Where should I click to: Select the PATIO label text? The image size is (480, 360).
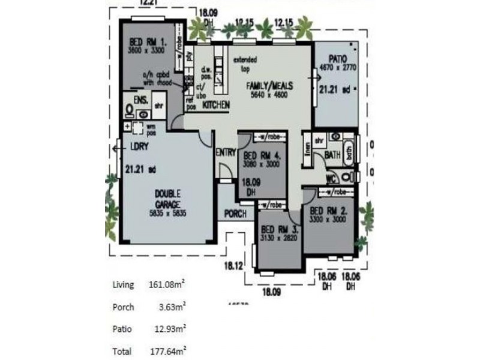pyautogui.click(x=337, y=59)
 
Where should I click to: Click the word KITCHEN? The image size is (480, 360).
pyautogui.click(x=217, y=105)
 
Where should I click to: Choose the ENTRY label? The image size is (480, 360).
pyautogui.click(x=226, y=152)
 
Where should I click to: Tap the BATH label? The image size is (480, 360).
pyautogui.click(x=332, y=155)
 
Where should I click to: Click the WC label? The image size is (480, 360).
pyautogui.click(x=331, y=179)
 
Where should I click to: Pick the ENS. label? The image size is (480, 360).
pyautogui.click(x=141, y=100)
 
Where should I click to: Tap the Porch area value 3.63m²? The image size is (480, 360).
pyautogui.click(x=171, y=307)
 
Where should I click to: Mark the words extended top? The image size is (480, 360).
pyautogui.click(x=245, y=64)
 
